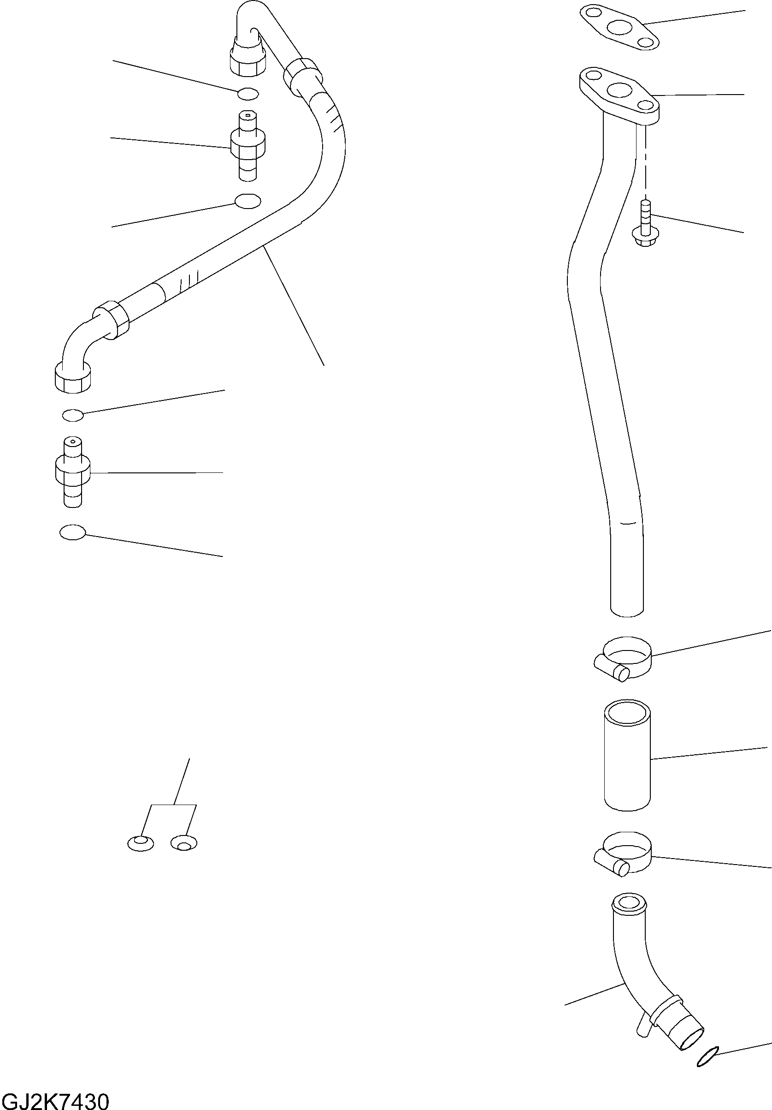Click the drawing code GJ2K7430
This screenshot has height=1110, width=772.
[55, 1098]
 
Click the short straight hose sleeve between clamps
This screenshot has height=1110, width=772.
[627, 755]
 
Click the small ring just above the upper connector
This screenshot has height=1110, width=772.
[248, 94]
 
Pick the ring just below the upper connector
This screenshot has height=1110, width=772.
[248, 201]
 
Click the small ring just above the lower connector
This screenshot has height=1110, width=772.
[73, 414]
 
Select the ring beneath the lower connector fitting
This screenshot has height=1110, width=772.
[72, 532]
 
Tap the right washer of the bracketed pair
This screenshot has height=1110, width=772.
[184, 843]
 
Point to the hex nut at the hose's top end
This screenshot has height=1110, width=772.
[248, 58]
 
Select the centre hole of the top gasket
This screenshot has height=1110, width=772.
[619, 27]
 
